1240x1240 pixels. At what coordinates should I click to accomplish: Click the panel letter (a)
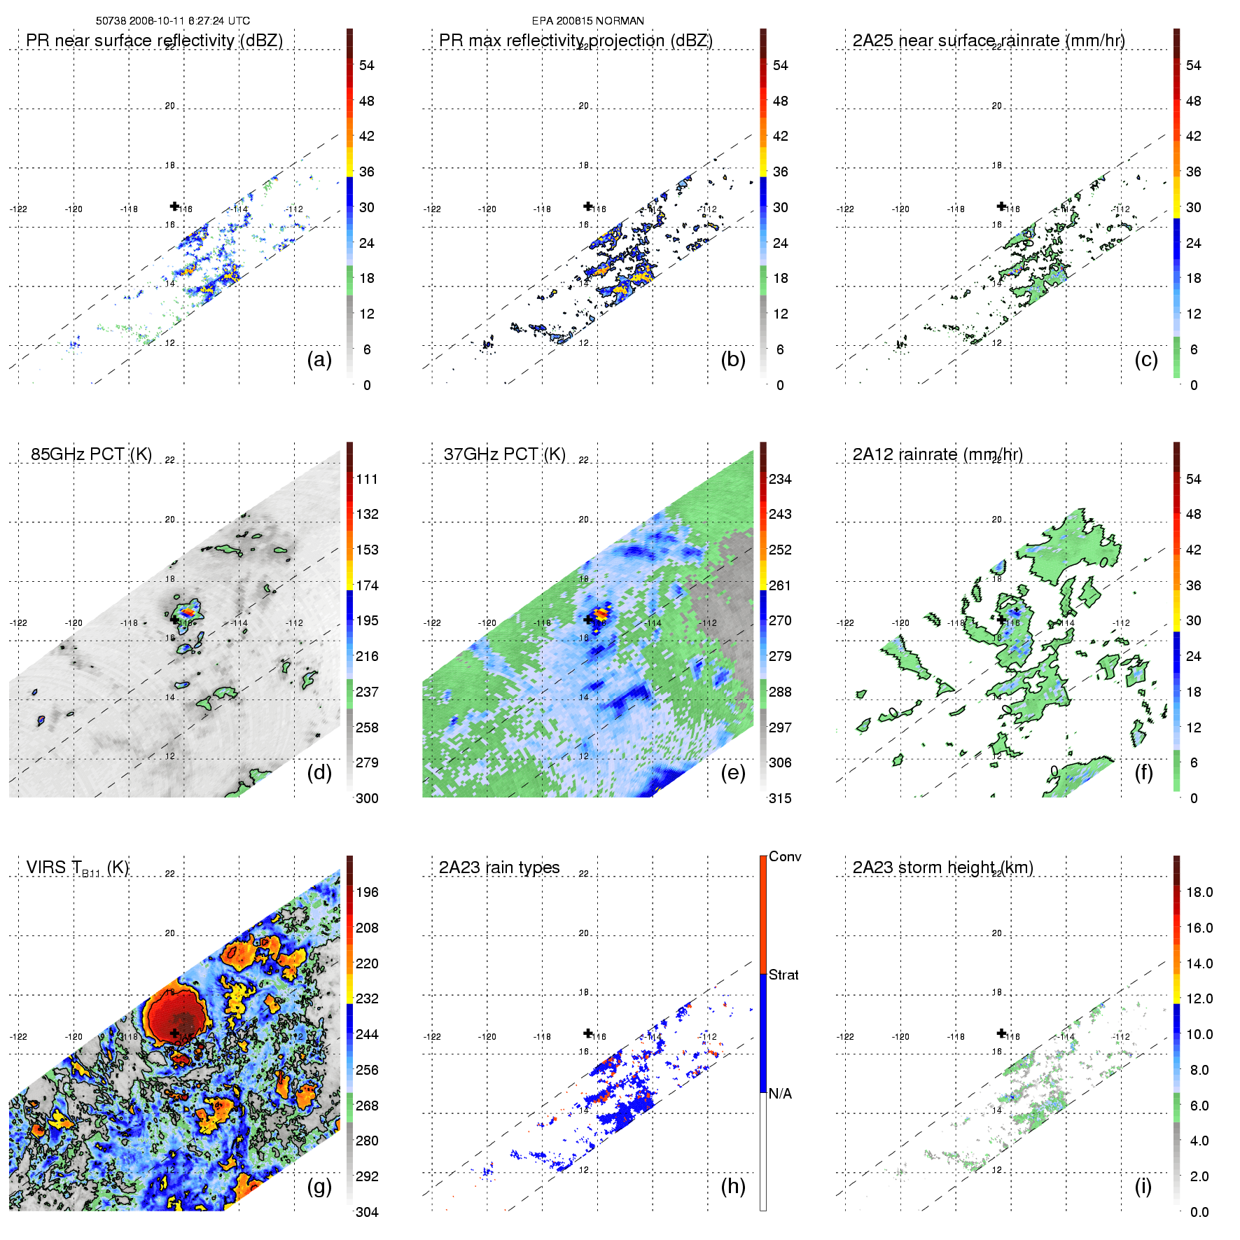click(x=319, y=360)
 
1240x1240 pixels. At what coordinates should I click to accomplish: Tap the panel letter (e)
click(x=733, y=773)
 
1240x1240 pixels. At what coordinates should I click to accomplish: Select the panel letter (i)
click(x=1143, y=1187)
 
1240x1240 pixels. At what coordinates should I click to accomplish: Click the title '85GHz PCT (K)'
click(x=91, y=454)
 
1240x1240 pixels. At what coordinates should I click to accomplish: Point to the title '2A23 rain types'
click(x=499, y=868)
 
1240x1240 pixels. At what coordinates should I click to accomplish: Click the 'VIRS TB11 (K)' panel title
click(x=78, y=868)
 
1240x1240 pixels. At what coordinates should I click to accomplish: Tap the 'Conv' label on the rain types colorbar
click(x=785, y=857)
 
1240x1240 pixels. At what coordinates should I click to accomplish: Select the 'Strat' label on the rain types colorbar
click(x=783, y=975)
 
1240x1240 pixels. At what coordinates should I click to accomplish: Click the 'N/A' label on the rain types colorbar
click(x=780, y=1094)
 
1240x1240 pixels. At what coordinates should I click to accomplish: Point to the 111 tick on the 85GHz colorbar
click(x=367, y=480)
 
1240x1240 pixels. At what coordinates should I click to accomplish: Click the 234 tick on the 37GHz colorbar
click(x=780, y=480)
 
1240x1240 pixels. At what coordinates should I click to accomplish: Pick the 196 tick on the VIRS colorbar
click(x=367, y=893)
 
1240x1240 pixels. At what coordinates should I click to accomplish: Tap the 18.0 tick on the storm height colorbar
click(x=1199, y=893)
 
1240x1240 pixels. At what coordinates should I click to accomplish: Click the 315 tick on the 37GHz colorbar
click(x=780, y=799)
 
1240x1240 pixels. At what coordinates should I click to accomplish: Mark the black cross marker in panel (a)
click(x=175, y=206)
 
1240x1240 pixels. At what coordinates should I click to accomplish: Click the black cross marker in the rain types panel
click(x=588, y=1033)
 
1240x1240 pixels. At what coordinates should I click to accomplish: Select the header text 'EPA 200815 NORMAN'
click(x=587, y=21)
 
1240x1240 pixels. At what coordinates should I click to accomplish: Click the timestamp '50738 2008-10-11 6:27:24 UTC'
click(x=173, y=21)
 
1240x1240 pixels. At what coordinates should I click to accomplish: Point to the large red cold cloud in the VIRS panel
click(x=175, y=1015)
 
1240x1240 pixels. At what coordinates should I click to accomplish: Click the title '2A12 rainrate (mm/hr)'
click(x=938, y=454)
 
